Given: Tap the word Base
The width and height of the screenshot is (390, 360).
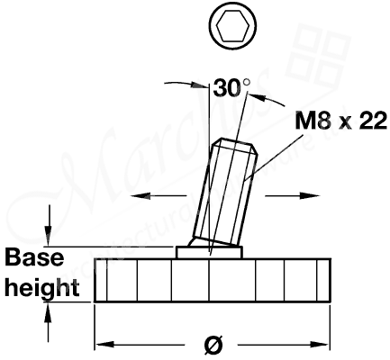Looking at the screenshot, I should (33, 258).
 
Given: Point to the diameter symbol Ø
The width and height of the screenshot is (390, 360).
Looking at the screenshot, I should (212, 343).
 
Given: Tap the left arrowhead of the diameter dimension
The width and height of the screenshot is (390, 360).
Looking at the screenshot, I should (102, 344).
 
